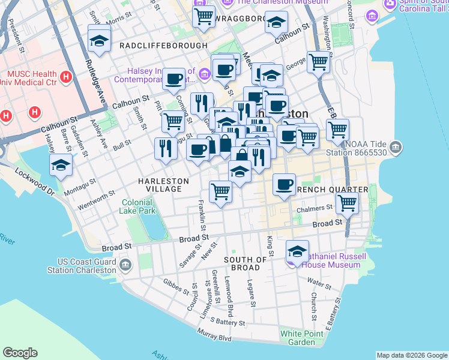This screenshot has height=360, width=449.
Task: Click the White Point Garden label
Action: [x=297, y=338]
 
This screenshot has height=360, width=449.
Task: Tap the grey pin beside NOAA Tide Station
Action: [x=396, y=146]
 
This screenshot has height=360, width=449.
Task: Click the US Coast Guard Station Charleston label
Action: [x=86, y=266]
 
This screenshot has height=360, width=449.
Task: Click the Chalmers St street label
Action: [x=315, y=208]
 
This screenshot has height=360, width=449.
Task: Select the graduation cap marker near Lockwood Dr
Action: [x=61, y=165]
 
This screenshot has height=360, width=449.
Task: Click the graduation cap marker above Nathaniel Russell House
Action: [x=297, y=251]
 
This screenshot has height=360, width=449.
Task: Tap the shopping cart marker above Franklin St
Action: [x=220, y=192]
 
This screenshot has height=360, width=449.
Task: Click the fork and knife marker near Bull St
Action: [x=166, y=149]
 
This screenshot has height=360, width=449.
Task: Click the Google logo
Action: [x=20, y=353]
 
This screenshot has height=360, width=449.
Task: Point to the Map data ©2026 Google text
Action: [x=411, y=355]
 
